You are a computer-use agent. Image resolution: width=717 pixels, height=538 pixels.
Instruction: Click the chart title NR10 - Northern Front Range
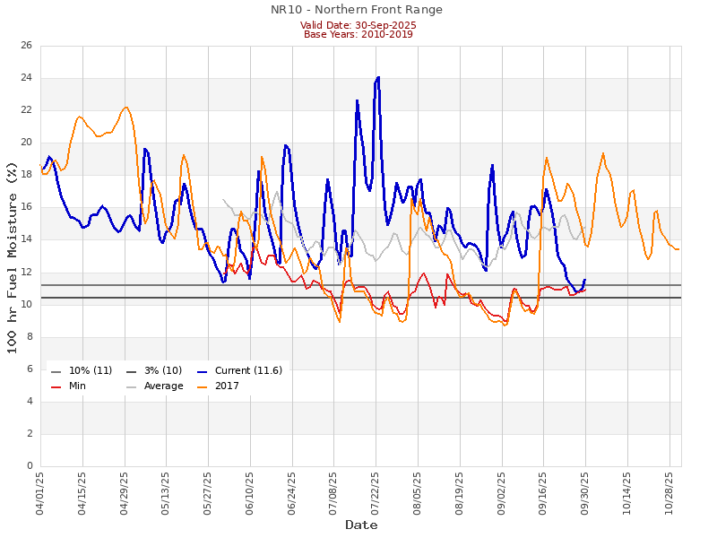click(357, 10)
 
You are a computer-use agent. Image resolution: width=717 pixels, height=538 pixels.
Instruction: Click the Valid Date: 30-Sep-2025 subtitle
click(358, 25)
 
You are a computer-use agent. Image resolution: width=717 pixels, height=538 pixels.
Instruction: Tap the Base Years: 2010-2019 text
click(358, 34)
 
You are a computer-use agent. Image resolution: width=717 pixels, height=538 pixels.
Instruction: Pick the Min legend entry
click(78, 386)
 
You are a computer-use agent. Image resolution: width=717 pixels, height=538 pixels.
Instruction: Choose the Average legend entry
click(164, 386)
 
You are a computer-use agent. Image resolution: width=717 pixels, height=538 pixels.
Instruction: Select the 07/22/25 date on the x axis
click(376, 492)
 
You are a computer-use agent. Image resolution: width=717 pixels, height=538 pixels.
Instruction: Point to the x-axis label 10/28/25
click(669, 492)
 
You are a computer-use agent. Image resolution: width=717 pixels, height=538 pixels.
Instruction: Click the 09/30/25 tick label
click(585, 492)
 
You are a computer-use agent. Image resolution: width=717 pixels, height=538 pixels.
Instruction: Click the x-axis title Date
click(361, 525)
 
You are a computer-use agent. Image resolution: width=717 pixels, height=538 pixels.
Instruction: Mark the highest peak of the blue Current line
click(378, 77)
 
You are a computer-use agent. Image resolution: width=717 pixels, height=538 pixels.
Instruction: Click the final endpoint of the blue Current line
click(585, 279)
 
